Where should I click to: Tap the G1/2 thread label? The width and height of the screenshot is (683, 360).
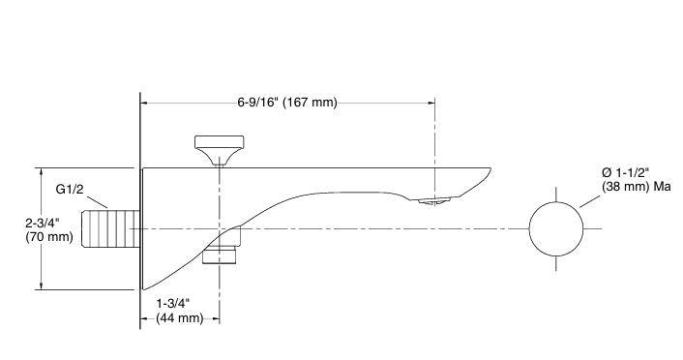(71, 189)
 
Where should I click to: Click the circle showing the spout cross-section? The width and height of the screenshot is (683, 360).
(557, 229)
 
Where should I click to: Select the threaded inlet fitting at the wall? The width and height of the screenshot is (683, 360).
(108, 228)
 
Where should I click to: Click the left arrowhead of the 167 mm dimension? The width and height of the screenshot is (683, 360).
(146, 103)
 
